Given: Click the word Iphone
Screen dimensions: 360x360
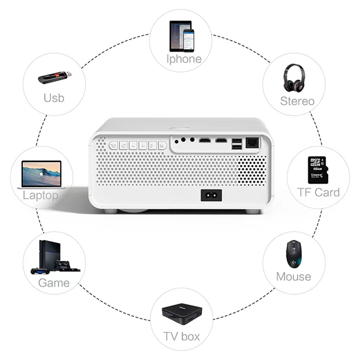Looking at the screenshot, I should pyautogui.click(x=183, y=59).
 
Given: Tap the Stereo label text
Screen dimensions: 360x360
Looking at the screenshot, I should pyautogui.click(x=297, y=101).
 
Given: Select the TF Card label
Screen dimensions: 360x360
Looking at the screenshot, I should pyautogui.click(x=318, y=192).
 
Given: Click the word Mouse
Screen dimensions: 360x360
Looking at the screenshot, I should pyautogui.click(x=293, y=277).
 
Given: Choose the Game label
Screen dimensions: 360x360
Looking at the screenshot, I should pyautogui.click(x=54, y=283).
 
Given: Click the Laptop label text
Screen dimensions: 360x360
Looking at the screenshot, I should pyautogui.click(x=40, y=196).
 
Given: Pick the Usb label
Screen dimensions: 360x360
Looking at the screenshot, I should pyautogui.click(x=53, y=97).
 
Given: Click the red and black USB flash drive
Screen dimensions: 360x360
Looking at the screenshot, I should pyautogui.click(x=55, y=77).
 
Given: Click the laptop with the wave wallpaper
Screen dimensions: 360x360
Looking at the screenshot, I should pyautogui.click(x=41, y=173).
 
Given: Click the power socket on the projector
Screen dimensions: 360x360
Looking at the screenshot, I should pyautogui.click(x=211, y=196).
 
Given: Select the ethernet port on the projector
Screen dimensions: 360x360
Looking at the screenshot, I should pyautogui.click(x=253, y=143).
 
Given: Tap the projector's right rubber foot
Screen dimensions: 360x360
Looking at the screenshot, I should pyautogui.click(x=253, y=211).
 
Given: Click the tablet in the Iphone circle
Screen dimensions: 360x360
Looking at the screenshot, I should pyautogui.click(x=177, y=36).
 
